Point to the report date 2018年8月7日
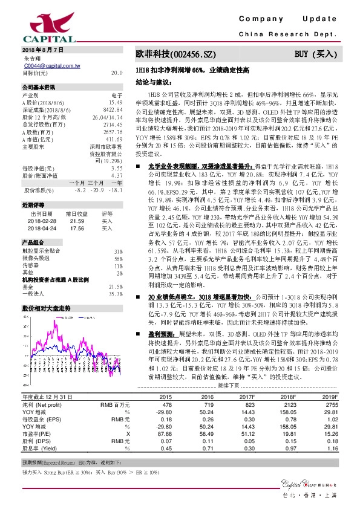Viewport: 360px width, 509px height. coord(39,49)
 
